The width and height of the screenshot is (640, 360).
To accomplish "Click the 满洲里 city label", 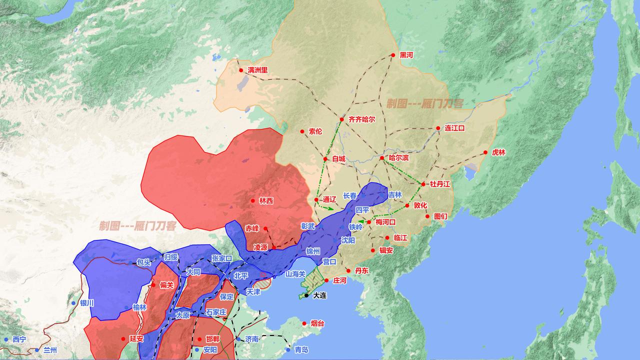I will point(257,70).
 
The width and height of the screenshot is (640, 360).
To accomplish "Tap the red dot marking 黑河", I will point(393,55).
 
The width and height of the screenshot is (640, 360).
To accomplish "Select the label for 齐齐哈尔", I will point(361,119).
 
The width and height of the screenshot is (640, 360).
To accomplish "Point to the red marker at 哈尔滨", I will point(382,158).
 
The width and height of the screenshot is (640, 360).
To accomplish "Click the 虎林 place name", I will point(498,152).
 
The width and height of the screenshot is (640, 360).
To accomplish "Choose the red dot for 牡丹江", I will point(423,184).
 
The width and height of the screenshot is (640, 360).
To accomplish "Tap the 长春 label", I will point(350,195).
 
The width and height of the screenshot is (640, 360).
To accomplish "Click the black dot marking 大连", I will point(306,295).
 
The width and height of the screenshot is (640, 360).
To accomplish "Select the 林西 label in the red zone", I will point(266,200).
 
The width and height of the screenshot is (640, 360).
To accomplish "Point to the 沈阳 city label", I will point(348,240).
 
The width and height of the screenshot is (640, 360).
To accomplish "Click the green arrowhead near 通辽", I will point(331,208).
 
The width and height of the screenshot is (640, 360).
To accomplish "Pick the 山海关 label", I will point(295,274).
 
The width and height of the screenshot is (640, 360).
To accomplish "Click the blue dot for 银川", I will point(74,303).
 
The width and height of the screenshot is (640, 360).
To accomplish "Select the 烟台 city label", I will point(317,323).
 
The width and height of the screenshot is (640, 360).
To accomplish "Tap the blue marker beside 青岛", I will point(287,349).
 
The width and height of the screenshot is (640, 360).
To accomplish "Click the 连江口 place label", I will point(454,128).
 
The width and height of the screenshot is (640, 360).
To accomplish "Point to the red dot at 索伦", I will point(302,131).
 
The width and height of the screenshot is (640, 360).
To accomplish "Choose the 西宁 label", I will point(19,339).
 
